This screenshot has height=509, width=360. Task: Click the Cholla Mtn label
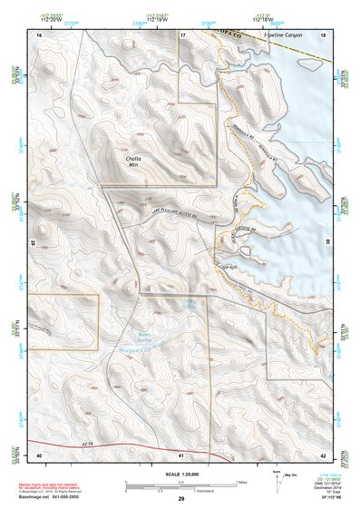[133, 163]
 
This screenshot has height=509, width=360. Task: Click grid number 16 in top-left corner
[39, 34]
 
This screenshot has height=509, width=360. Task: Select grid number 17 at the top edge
[182, 34]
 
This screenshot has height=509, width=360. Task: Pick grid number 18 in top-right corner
[324, 34]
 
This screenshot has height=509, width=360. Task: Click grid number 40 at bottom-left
[39, 454]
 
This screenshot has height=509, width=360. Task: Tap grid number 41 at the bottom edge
[182, 454]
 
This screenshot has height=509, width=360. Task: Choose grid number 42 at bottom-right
[324, 454]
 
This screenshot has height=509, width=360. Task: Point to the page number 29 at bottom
[181, 500]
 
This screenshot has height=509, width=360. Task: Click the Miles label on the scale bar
[240, 481]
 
